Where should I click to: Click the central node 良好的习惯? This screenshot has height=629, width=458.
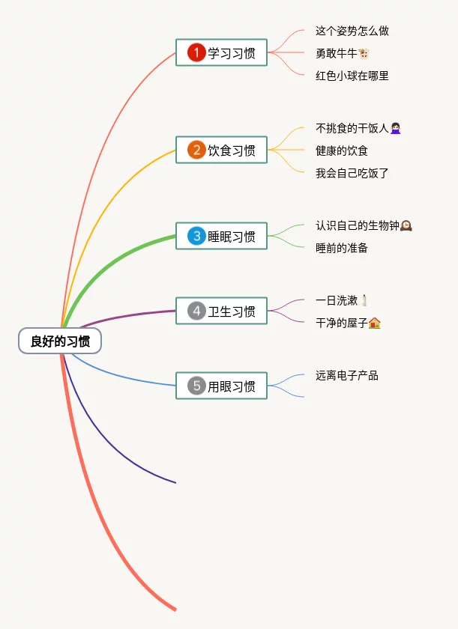[60, 341]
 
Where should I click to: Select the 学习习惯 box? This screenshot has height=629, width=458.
[221, 52]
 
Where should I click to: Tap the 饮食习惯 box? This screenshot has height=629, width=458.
[221, 150]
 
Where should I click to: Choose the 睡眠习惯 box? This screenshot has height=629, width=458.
[221, 236]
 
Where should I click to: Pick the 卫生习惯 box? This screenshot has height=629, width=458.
[221, 311]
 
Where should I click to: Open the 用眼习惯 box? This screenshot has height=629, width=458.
[221, 386]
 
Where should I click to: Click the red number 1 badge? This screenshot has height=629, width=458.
[196, 52]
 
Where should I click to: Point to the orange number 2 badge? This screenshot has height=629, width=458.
[196, 150]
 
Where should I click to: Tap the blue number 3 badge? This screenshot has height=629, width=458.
[196, 236]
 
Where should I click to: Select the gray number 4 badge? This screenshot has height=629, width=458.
[196, 311]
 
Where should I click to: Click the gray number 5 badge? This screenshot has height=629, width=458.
[196, 386]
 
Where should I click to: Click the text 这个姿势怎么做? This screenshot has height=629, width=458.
[352, 31]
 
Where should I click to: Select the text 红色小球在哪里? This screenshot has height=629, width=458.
[352, 76]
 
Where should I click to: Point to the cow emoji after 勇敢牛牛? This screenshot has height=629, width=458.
[364, 53]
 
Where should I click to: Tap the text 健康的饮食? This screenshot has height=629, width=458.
[342, 151]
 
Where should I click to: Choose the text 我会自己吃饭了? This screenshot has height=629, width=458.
[352, 173]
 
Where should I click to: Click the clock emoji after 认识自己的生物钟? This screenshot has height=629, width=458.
[406, 225]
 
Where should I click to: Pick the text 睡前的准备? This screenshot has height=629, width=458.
[342, 248]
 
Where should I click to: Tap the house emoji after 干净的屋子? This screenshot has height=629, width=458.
[375, 323]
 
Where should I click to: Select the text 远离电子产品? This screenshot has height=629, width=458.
[347, 375]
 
